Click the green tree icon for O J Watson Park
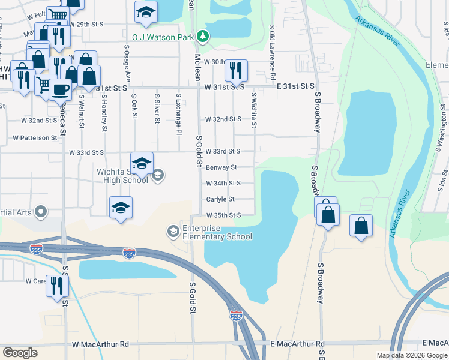coord(203,37)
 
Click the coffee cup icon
coord(60,89)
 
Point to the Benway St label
coord(221,167)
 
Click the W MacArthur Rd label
coord(100,344)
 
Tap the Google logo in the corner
coord(20,352)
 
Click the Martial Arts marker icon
coord(41,211)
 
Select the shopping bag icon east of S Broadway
coord(360,226)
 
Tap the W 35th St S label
coord(223,215)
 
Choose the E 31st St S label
coord(295,87)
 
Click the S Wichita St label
coord(254,110)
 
